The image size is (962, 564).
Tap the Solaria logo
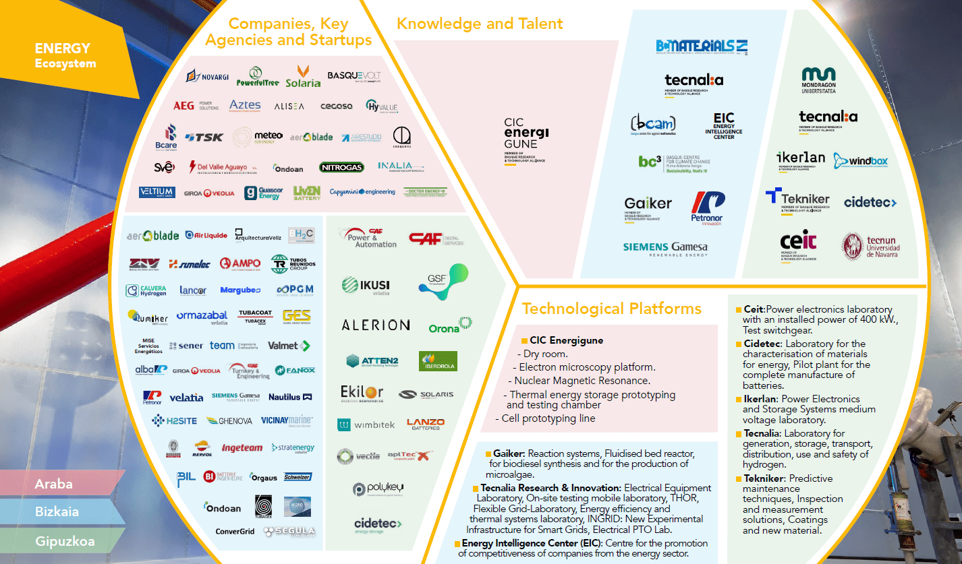click(x=303, y=76)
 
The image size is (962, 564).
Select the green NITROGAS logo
click(x=341, y=167)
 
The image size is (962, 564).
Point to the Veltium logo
click(x=157, y=192)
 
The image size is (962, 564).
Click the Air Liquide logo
click(x=206, y=235)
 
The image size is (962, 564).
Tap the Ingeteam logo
click(x=242, y=447)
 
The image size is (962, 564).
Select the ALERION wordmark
click(x=376, y=325)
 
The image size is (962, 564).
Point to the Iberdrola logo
click(x=438, y=361)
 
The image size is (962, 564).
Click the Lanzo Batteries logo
click(x=425, y=424)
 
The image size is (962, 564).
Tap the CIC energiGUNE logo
click(x=526, y=139)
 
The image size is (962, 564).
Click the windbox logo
click(x=860, y=161)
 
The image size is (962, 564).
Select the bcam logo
click(x=652, y=125)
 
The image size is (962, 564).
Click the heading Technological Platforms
click(x=611, y=309)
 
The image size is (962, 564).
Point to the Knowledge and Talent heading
click(x=480, y=24)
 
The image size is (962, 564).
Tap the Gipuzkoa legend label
click(x=65, y=541)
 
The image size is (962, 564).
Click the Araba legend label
click(x=54, y=484)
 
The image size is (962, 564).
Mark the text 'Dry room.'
click(x=546, y=354)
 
